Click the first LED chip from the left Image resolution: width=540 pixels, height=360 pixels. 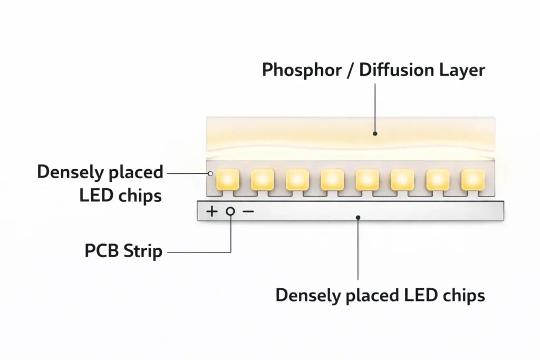(228, 179)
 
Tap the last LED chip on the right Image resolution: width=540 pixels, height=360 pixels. (472, 179)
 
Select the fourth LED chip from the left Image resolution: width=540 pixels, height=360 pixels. (333, 179)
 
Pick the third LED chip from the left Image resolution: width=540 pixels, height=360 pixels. (297, 179)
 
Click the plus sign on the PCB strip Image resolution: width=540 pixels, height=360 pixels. (211, 211)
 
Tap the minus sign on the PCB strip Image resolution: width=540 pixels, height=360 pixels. (248, 211)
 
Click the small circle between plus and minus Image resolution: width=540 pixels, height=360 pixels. (230, 211)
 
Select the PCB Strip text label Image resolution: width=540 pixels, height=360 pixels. (123, 251)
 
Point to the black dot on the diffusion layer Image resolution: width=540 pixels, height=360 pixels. (375, 133)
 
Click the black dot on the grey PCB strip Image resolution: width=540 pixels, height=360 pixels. (358, 217)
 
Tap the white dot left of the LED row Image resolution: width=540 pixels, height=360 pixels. (210, 173)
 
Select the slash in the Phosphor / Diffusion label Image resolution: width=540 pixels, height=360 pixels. (351, 70)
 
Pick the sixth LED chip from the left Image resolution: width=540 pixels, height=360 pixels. (402, 179)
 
